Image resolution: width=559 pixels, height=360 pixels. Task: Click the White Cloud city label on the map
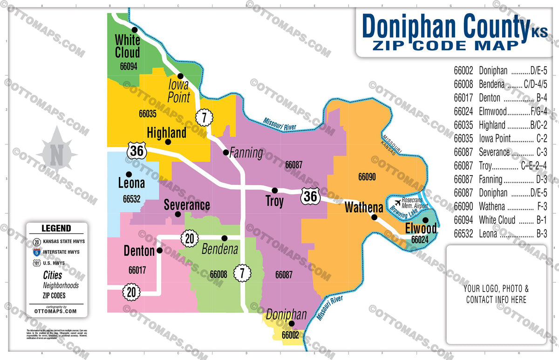[x=127, y=46]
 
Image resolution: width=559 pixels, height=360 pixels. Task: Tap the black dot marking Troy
[x=275, y=190]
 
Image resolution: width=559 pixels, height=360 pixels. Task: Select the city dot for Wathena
[x=374, y=217]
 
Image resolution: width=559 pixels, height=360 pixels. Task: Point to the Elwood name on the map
[x=421, y=229]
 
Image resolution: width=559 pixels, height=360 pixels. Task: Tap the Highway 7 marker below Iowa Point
[x=204, y=117]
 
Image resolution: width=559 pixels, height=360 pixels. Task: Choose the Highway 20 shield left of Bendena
[x=189, y=238]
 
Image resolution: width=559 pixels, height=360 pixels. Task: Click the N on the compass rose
[x=57, y=155]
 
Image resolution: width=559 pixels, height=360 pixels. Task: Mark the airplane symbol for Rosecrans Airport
[x=397, y=202]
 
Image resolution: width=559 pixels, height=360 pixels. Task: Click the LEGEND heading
[x=56, y=229]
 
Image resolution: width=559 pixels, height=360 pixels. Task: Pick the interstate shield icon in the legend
[x=36, y=252]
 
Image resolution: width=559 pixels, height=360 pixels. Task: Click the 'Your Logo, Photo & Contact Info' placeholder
[x=496, y=294]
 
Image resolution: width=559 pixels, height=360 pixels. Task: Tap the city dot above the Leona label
[x=129, y=174]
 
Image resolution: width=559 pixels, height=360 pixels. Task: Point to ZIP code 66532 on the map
[x=132, y=199]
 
